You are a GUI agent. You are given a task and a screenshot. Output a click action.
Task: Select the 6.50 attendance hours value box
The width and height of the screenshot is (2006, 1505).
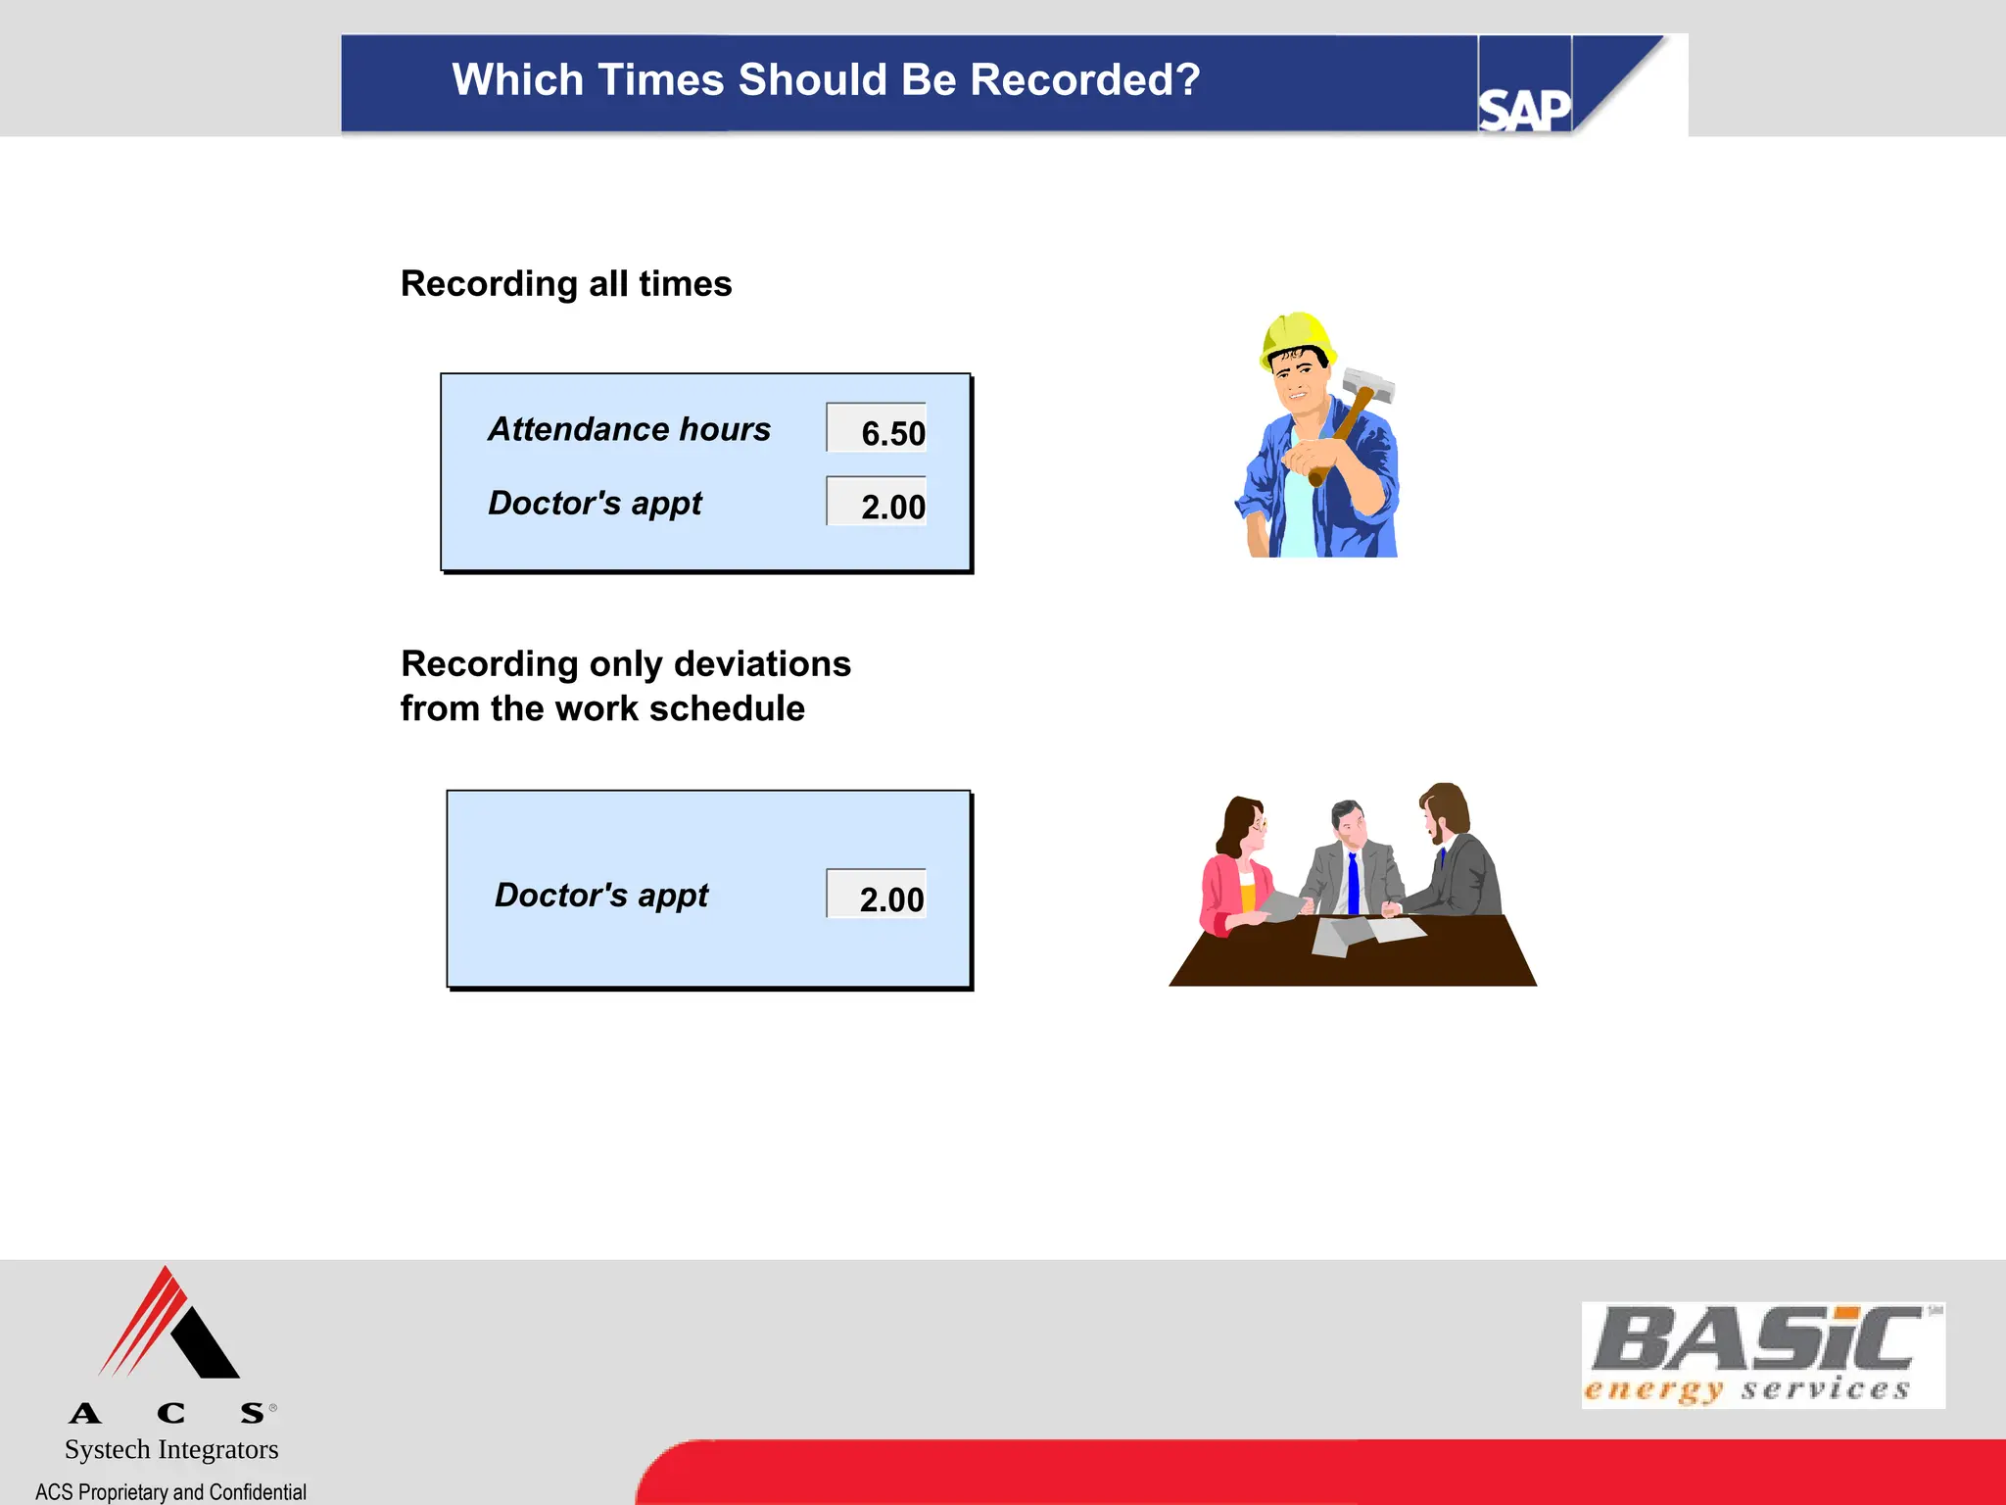tap(877, 429)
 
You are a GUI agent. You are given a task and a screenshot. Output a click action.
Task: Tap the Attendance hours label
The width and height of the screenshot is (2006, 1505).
tap(629, 429)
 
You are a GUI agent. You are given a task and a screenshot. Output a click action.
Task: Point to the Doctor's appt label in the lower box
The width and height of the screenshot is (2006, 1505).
tap(600, 896)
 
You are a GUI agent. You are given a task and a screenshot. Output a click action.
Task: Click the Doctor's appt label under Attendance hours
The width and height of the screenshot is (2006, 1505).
tap(595, 504)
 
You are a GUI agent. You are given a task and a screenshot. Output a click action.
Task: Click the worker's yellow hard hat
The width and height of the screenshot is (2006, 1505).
tap(1295, 336)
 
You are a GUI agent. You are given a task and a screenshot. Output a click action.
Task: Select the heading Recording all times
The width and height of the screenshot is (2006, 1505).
tap(566, 284)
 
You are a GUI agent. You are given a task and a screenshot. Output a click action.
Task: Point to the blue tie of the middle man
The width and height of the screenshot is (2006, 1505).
tap(1353, 882)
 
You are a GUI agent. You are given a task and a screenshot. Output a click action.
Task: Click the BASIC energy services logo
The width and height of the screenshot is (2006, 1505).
tap(1761, 1354)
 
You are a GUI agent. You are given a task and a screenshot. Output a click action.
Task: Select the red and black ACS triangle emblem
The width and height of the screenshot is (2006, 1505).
tap(168, 1325)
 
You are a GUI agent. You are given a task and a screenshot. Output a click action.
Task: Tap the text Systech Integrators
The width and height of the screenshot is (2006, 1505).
tap(171, 1449)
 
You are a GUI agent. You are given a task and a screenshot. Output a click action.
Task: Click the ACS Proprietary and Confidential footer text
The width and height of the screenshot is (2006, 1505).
tap(171, 1491)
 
